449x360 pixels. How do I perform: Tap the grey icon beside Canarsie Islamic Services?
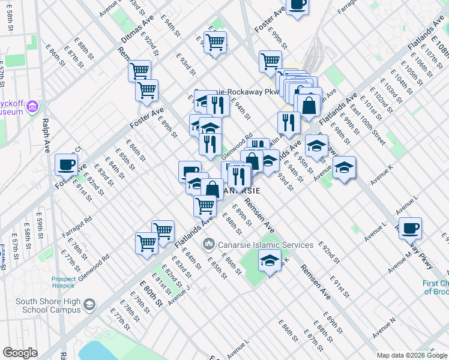[208, 244]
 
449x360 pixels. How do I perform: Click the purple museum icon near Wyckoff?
[32, 107]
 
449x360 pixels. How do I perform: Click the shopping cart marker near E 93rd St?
[215, 42]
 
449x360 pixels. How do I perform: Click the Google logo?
[20, 353]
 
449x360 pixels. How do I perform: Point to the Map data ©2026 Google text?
[412, 355]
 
